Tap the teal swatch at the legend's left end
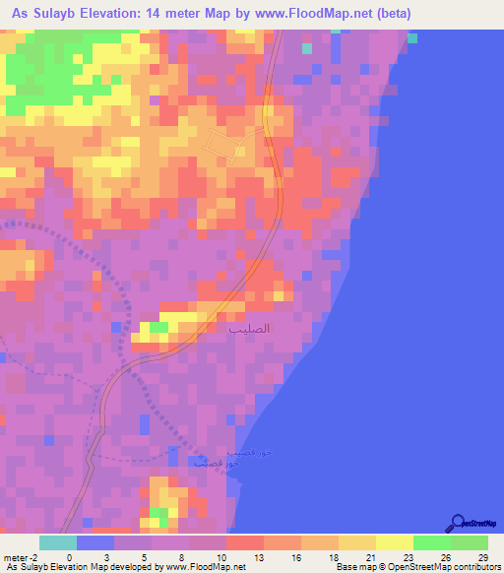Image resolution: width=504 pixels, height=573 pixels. pos(57,542)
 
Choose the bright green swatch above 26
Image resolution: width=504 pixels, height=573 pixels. pos(431,542)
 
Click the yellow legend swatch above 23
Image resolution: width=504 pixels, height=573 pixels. pos(394,542)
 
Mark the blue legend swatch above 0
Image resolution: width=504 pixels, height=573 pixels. pos(94,542)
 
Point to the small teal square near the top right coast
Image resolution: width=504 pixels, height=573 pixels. pos(411,38)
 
